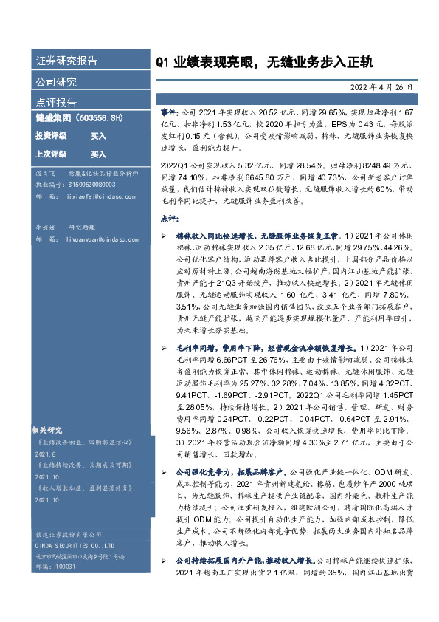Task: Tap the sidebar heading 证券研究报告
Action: (x=66, y=61)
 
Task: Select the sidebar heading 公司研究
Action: (x=56, y=81)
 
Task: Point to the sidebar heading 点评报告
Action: (x=56, y=102)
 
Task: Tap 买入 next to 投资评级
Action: (x=99, y=137)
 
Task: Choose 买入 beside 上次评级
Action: (x=99, y=154)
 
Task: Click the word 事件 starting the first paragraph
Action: (x=169, y=110)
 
